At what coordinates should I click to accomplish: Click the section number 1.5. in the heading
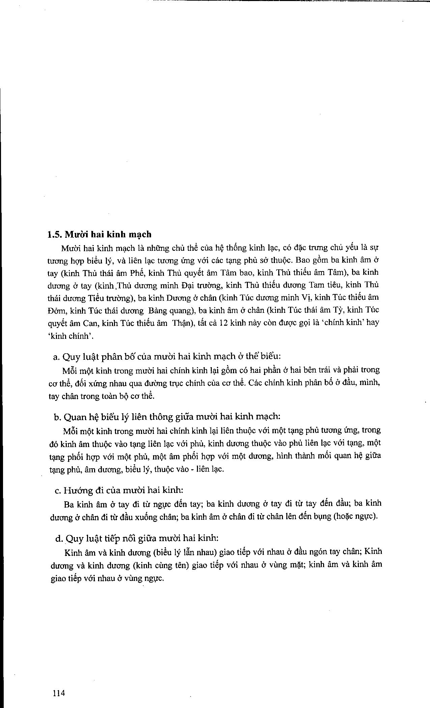[55, 234]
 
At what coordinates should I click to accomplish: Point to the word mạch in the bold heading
[138, 235]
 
